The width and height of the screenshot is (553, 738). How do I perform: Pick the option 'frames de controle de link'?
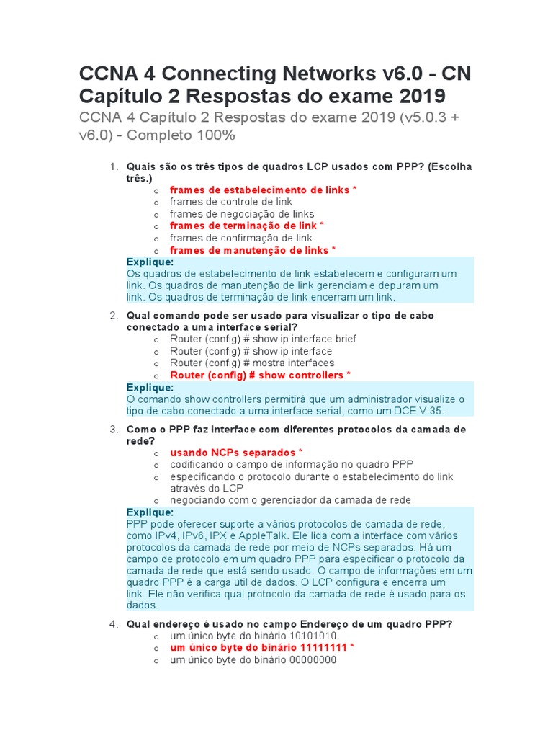coord(231,202)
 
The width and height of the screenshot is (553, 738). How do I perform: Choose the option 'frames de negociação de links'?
coord(242,214)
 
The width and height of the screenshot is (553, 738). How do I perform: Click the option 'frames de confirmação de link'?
coord(241,238)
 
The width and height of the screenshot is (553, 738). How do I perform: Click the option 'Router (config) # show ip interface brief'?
coord(263,339)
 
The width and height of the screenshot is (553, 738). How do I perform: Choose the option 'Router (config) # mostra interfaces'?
coord(252,363)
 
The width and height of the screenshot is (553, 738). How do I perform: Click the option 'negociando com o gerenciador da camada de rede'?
coord(291,500)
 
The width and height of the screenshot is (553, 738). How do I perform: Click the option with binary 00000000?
coord(253,659)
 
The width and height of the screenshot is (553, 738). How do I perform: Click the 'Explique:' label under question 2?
coord(150,387)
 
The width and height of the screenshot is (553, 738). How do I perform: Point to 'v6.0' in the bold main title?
coord(394,74)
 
